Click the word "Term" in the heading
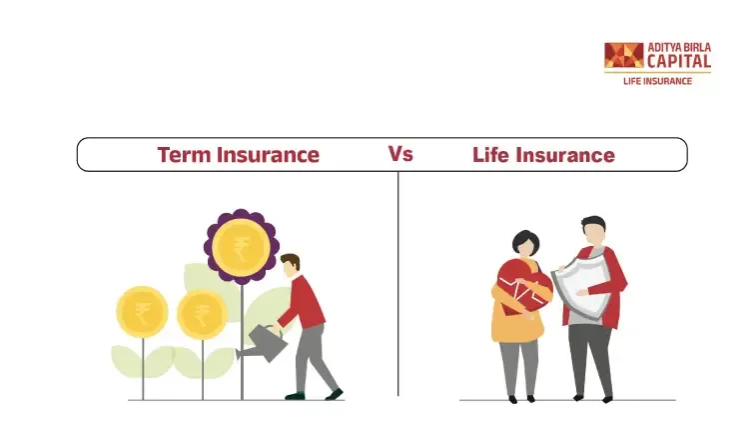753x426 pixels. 184,155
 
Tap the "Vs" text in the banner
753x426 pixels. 400,154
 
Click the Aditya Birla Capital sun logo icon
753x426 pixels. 624,55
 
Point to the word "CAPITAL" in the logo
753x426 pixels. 679,61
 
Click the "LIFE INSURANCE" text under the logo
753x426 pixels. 657,81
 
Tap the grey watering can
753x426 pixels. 263,342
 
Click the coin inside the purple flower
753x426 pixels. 241,247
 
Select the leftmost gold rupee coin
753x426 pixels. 142,312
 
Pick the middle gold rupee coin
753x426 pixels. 202,314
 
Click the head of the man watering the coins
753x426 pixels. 290,266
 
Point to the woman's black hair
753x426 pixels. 525,240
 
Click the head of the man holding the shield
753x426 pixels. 593,231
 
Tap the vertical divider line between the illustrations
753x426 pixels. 398,284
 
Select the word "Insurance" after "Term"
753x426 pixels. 268,155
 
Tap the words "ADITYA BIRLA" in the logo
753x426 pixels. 679,48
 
